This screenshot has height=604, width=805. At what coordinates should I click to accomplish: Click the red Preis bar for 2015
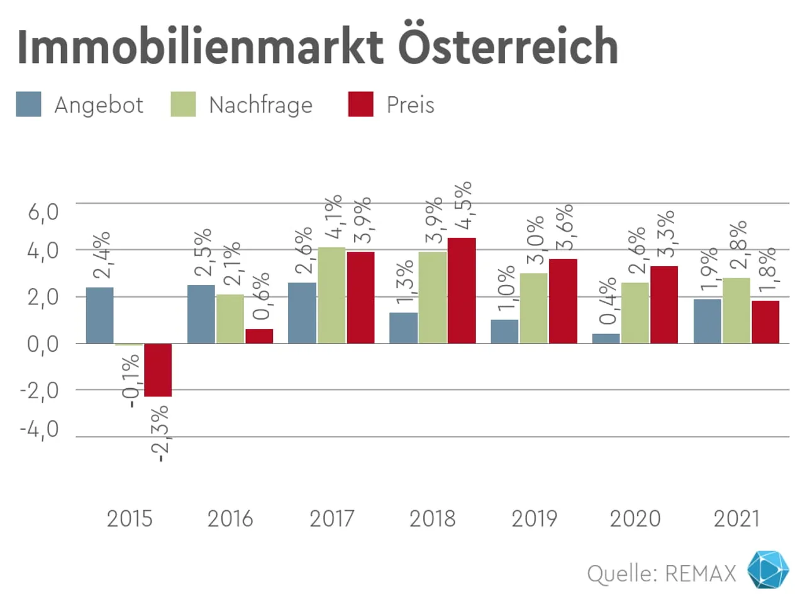click(158, 370)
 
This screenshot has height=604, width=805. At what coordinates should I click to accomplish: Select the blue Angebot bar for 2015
click(100, 315)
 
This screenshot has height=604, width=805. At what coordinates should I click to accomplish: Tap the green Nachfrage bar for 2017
click(331, 295)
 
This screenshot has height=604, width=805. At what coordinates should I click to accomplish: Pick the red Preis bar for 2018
click(462, 291)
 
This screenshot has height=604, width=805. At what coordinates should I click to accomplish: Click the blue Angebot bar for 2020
click(606, 338)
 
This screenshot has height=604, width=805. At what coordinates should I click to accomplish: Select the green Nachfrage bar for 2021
click(736, 311)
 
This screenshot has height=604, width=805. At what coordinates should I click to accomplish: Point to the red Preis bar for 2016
click(259, 336)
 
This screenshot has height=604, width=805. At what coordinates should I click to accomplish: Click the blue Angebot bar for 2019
click(504, 332)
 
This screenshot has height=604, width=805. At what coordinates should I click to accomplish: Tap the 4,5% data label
click(464, 206)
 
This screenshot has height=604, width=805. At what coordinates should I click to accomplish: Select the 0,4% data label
click(608, 301)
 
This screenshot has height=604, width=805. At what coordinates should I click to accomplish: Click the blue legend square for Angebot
click(29, 104)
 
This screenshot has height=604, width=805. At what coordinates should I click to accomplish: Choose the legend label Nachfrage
click(260, 105)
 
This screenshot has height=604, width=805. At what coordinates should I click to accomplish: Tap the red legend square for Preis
click(360, 104)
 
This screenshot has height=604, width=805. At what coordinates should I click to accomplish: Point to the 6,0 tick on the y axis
click(43, 211)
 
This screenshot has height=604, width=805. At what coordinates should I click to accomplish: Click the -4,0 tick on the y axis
click(40, 430)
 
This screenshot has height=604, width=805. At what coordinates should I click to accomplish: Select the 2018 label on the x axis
click(432, 519)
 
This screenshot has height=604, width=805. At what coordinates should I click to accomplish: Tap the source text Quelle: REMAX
click(661, 574)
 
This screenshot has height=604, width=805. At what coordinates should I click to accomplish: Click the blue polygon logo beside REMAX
click(768, 570)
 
